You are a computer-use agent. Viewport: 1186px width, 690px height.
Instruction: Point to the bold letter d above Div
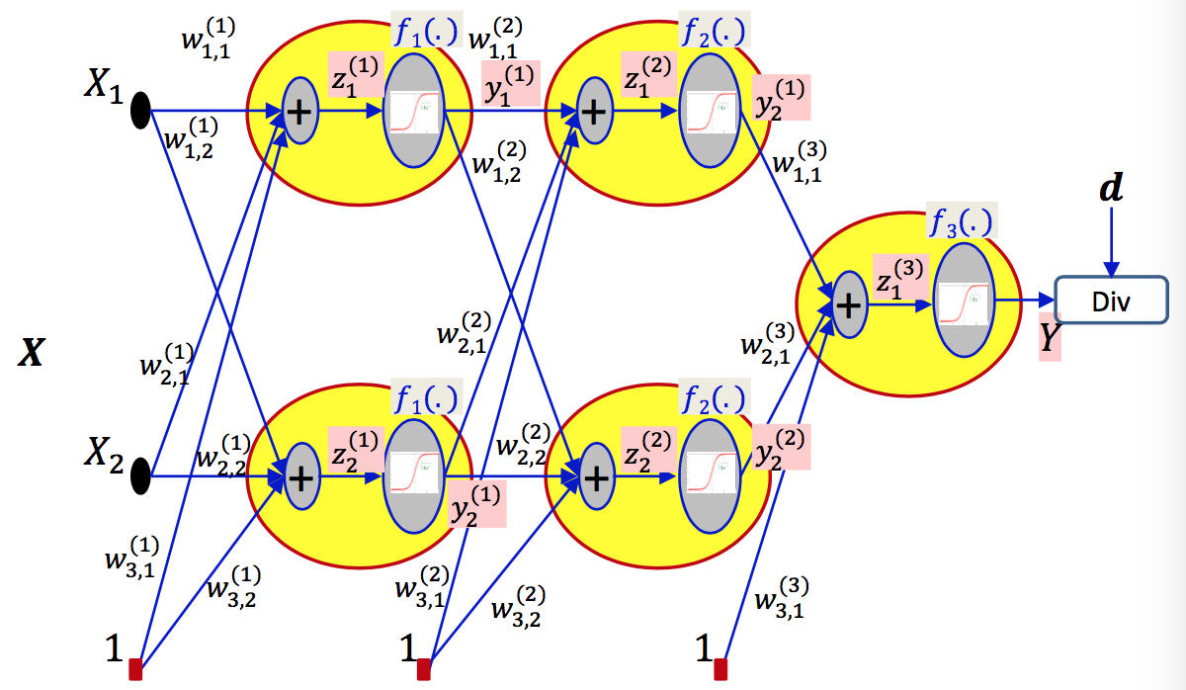(1112, 189)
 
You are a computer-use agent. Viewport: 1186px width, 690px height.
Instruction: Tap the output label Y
(1049, 339)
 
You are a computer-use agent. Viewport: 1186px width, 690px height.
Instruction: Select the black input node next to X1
(140, 111)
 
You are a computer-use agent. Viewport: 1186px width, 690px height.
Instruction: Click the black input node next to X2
(140, 476)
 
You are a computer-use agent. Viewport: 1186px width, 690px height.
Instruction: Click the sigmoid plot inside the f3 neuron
(963, 303)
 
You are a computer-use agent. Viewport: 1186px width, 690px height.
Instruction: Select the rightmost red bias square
(720, 668)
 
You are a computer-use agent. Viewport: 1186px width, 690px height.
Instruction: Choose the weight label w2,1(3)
(766, 341)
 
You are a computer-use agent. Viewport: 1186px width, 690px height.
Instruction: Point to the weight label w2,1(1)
(166, 365)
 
